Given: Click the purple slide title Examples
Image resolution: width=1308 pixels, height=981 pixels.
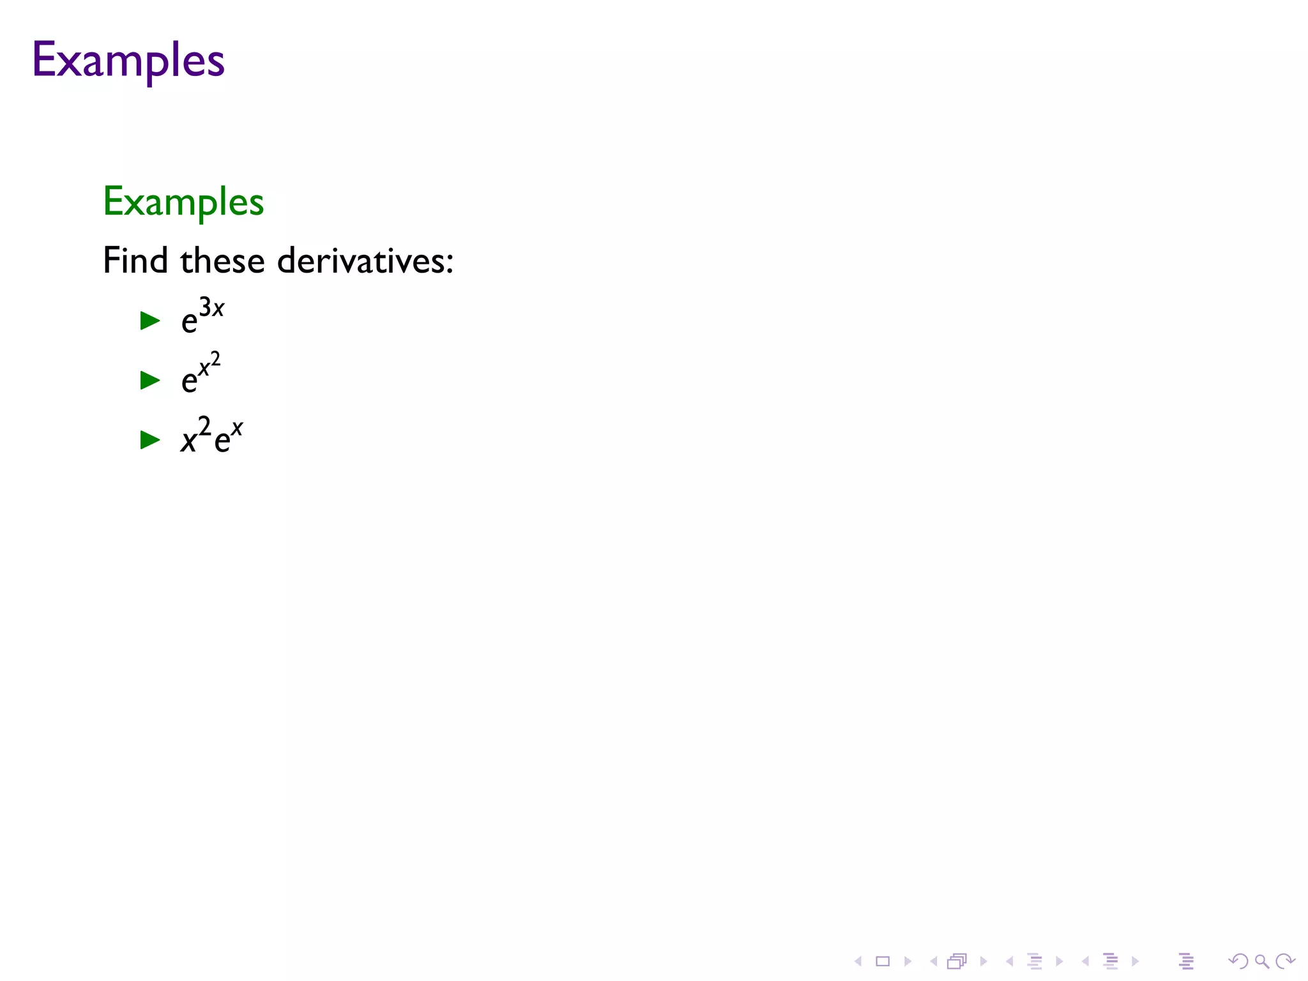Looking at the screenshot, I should pos(128,60).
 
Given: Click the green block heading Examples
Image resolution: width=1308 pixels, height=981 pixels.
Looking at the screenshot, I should pos(183,202).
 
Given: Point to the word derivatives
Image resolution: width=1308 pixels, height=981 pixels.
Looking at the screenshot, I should pos(361,261).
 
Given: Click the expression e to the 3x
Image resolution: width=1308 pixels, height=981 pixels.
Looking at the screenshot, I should pos(202,316).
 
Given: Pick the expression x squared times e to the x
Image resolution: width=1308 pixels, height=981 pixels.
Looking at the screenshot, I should pos(211,436).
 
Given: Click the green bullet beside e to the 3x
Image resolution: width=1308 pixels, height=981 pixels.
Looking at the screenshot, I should pos(150,320).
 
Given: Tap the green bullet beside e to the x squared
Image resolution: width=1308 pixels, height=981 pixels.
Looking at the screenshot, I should pos(150,380).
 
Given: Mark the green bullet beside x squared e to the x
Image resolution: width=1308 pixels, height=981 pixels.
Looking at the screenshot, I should pos(150,439).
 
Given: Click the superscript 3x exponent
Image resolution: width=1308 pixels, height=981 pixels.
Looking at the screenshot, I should pos(211,308).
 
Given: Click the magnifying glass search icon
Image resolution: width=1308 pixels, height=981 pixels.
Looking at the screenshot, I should pos(1261,961).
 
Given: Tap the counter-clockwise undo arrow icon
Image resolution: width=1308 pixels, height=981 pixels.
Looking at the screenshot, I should pos(1238,961).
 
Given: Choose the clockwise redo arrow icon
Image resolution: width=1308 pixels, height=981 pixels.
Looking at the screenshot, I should pos(1284,961).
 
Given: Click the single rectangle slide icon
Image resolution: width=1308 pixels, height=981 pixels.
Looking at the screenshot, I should pos(883,961).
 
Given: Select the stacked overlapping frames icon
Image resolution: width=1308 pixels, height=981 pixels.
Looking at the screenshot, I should pos(957,961).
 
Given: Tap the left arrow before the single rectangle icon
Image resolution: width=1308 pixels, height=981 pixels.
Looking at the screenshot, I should pos(858,961).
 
